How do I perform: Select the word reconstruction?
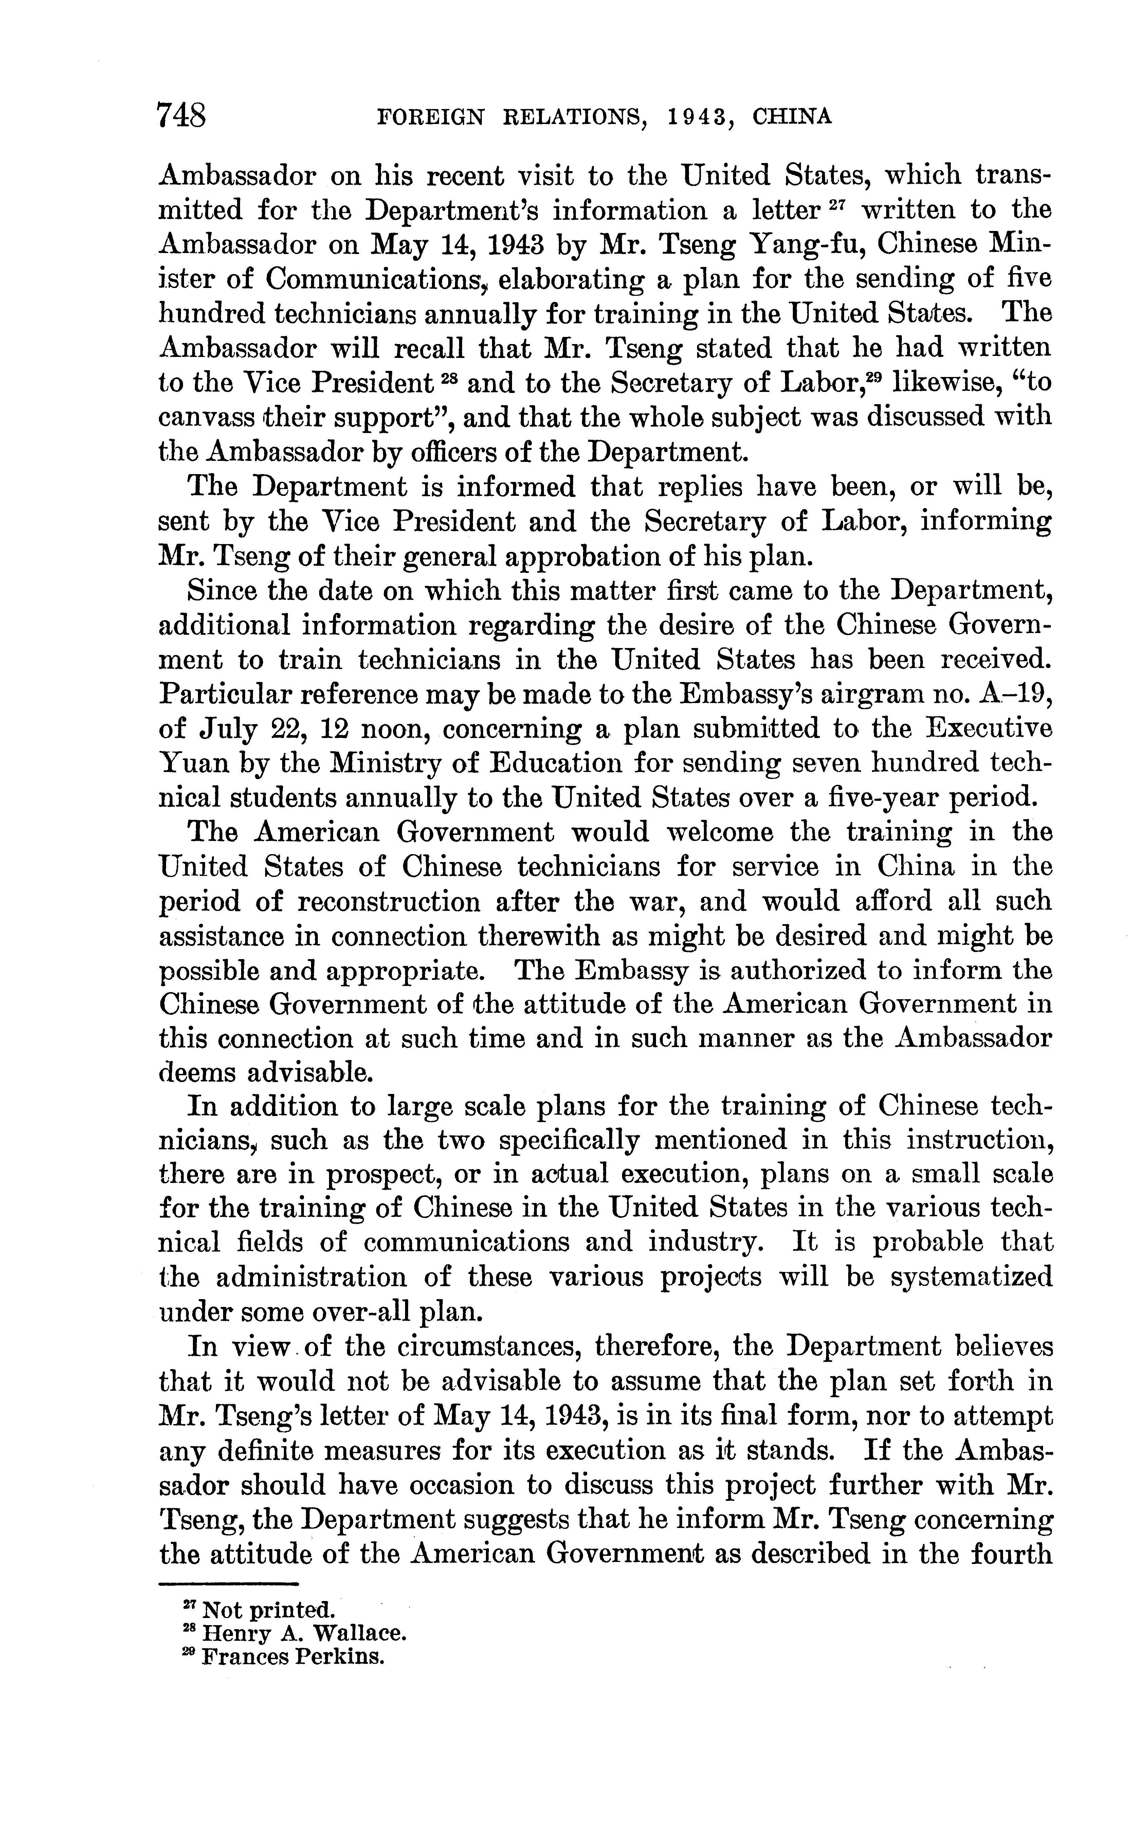coord(389,902)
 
